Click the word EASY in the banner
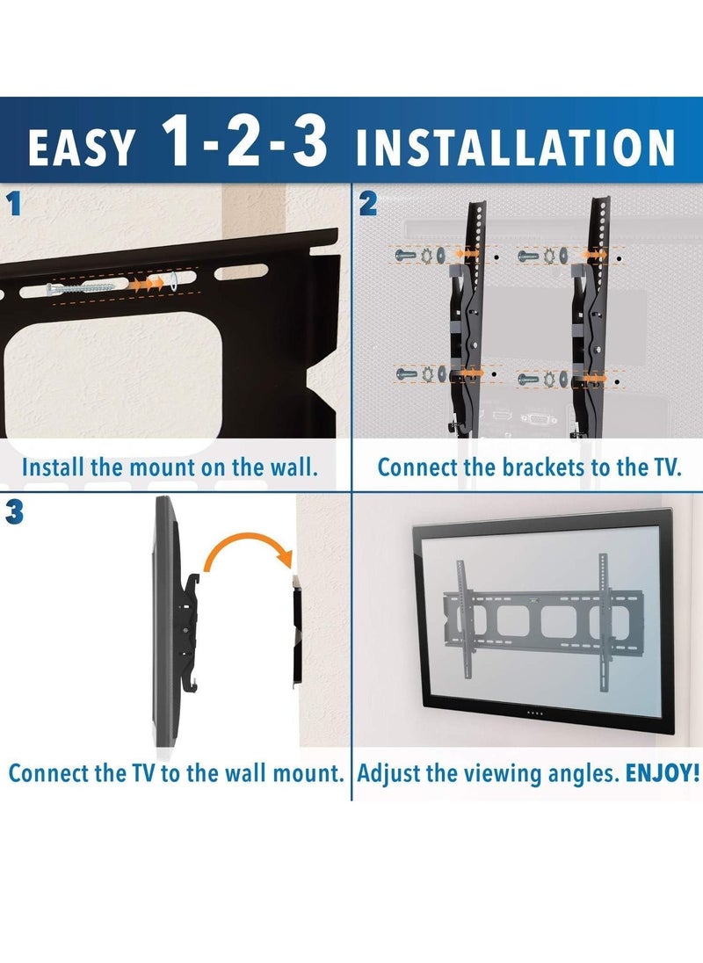[x=82, y=147]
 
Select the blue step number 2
[x=368, y=205]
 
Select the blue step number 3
[x=13, y=513]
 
